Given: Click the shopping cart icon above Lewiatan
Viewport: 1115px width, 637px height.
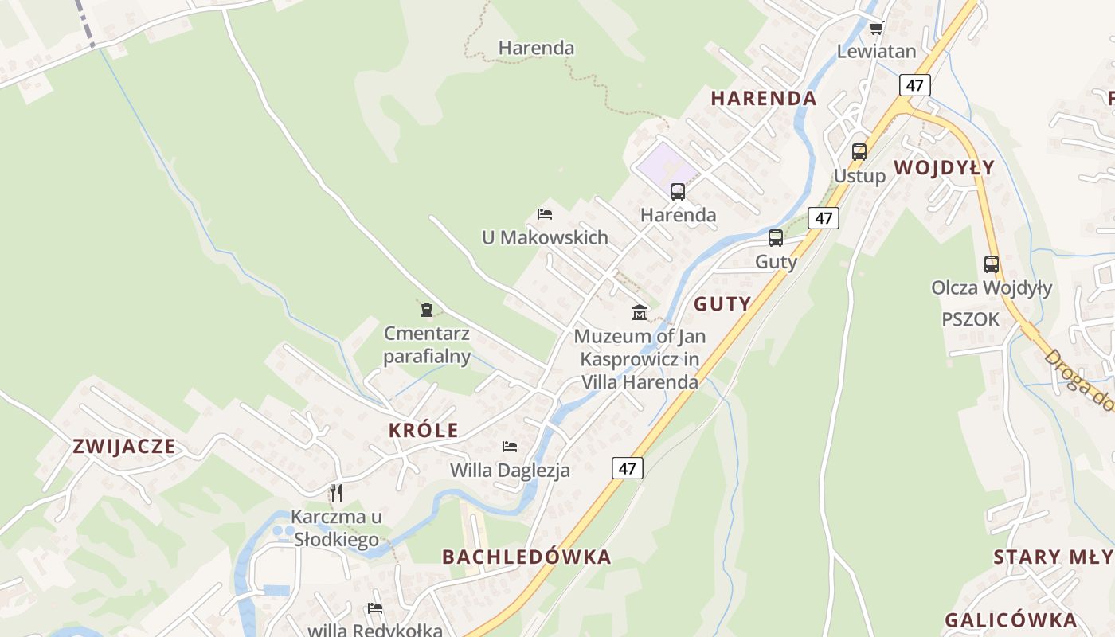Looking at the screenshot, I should pos(876,29).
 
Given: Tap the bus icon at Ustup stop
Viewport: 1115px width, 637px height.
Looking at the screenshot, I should pos(859,151).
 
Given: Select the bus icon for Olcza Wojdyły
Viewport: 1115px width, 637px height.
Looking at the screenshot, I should pos(991,264).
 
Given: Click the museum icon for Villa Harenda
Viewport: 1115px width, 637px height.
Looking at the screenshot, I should pos(639,311).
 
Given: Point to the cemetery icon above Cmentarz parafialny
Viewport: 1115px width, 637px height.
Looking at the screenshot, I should pos(427,309).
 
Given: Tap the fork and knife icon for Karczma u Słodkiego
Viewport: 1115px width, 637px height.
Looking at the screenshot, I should pos(336,492).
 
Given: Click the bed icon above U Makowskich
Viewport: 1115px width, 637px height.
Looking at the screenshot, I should pos(545,213).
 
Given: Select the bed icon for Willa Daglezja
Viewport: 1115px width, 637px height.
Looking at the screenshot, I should pos(510,447).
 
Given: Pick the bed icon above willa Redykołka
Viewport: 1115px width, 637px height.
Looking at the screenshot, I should pos(375,608).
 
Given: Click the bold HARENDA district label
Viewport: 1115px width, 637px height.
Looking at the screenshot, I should pos(763,99).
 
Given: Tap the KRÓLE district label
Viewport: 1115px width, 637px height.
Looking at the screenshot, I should pos(423,431).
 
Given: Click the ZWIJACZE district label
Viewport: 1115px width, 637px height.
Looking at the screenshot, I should pos(123,446).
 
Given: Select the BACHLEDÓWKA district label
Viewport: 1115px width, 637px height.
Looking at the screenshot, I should pos(526,557).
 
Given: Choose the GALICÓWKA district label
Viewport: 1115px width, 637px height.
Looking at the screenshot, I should pos(1011,620).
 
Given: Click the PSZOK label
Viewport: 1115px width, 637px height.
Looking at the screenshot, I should pos(970,319).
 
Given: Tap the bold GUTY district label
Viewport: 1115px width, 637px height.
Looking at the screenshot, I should pos(722,303).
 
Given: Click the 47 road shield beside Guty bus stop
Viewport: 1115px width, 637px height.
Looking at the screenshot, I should pos(823,217).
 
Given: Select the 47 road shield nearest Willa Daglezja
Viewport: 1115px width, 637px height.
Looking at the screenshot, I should pos(627,467).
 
